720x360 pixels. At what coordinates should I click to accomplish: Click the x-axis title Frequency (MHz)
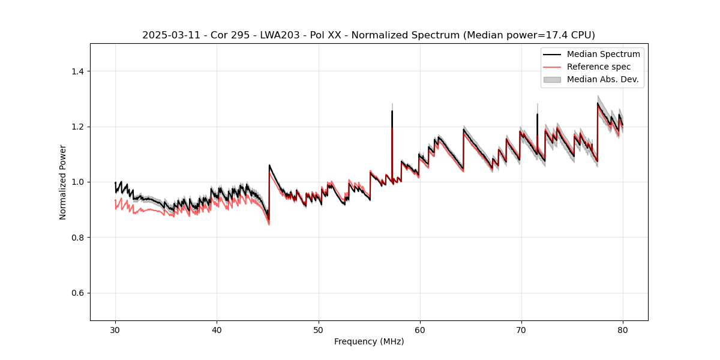click(x=369, y=341)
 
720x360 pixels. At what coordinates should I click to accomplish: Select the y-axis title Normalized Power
click(x=63, y=182)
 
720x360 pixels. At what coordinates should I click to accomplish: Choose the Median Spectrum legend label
click(x=603, y=54)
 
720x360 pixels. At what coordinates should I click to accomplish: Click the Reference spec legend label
click(x=599, y=67)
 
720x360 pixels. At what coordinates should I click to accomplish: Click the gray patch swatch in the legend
click(x=552, y=79)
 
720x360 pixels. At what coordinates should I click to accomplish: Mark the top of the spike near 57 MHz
click(x=392, y=111)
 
